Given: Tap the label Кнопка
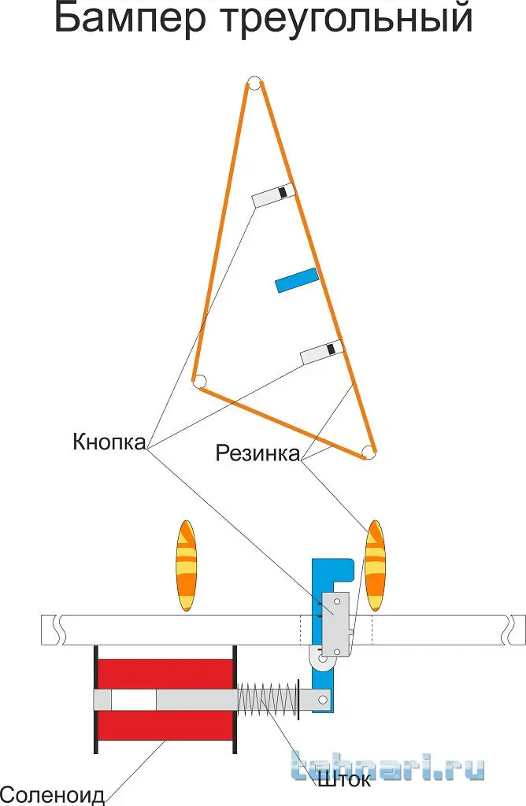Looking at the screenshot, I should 109,442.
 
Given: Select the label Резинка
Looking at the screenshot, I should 257,453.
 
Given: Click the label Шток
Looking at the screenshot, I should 344,782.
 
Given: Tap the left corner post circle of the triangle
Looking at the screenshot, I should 199,382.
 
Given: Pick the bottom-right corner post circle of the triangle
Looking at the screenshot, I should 368,452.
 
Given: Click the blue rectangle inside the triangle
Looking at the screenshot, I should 297,279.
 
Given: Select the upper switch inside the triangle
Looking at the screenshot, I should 273,194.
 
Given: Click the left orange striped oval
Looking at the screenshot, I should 187,565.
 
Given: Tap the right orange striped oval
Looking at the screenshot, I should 376,565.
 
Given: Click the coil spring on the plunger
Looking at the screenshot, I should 268,699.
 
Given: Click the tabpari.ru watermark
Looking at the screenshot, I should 387,768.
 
